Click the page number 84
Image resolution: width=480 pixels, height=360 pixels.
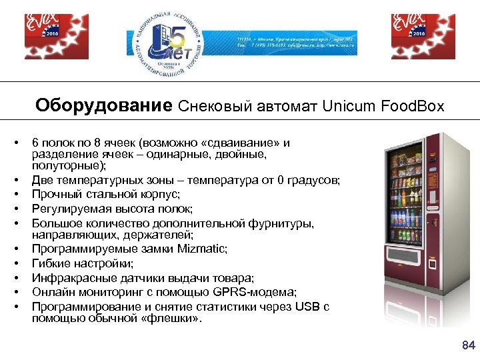pyautogui.click(x=467, y=345)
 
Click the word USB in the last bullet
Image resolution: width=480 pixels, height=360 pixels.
pyautogui.click(x=311, y=307)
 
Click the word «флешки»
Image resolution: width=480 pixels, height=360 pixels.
pyautogui.click(x=176, y=319)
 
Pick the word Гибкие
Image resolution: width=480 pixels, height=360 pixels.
pyautogui.click(x=51, y=264)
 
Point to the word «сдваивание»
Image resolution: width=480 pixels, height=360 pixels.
pyautogui.click(x=243, y=143)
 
